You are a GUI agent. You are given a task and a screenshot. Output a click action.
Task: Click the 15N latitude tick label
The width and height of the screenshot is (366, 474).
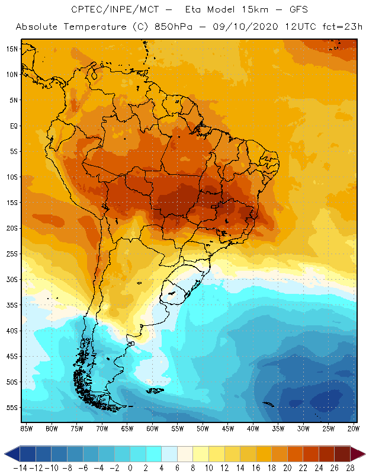click(11, 49)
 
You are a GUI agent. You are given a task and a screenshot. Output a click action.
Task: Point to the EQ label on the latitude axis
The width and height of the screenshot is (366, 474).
click(12, 126)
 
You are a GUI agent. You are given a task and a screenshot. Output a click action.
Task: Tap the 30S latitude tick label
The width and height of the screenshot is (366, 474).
click(11, 279)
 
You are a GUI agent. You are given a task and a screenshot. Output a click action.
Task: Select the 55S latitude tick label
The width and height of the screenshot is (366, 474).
click(11, 408)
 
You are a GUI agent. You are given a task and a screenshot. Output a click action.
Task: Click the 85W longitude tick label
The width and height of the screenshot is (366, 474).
click(26, 428)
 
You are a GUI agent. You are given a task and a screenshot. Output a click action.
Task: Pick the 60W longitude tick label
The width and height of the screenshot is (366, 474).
click(152, 428)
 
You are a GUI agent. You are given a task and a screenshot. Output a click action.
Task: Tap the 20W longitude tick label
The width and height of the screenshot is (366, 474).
click(354, 428)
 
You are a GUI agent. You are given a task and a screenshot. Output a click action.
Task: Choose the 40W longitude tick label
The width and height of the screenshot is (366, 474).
click(253, 428)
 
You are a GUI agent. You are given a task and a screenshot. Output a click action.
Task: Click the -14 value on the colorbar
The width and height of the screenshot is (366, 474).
click(20, 468)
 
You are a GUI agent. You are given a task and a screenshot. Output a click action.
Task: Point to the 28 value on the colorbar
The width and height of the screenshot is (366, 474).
click(350, 468)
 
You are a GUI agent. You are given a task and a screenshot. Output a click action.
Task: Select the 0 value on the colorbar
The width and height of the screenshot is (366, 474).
click(130, 468)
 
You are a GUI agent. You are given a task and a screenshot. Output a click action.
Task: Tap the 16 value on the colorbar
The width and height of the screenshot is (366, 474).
click(256, 468)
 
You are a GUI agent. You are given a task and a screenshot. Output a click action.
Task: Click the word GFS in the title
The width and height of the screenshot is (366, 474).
click(285, 10)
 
